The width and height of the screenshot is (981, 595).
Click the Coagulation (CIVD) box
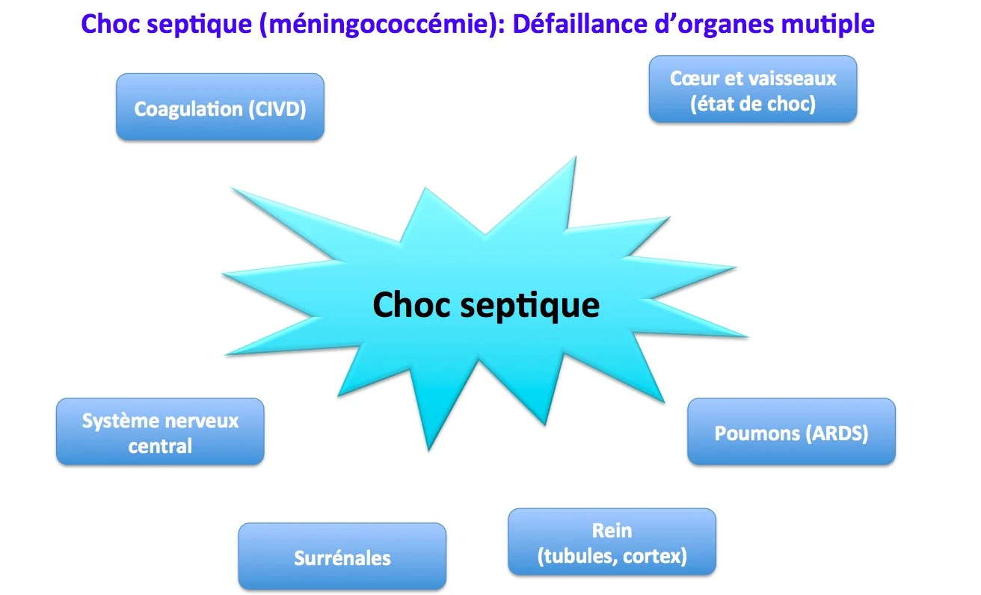point(220,107)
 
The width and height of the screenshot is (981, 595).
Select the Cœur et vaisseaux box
point(752,89)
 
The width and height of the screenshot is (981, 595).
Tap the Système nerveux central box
point(160,431)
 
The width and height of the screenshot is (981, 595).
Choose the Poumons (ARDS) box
point(791,431)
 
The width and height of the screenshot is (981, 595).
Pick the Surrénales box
point(342,556)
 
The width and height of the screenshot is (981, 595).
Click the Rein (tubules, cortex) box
point(612,542)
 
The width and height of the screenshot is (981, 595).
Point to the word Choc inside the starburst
point(410,305)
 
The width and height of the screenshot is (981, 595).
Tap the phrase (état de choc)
point(752,103)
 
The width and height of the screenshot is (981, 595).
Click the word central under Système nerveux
point(160,446)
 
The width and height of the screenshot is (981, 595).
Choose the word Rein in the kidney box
point(612,530)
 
